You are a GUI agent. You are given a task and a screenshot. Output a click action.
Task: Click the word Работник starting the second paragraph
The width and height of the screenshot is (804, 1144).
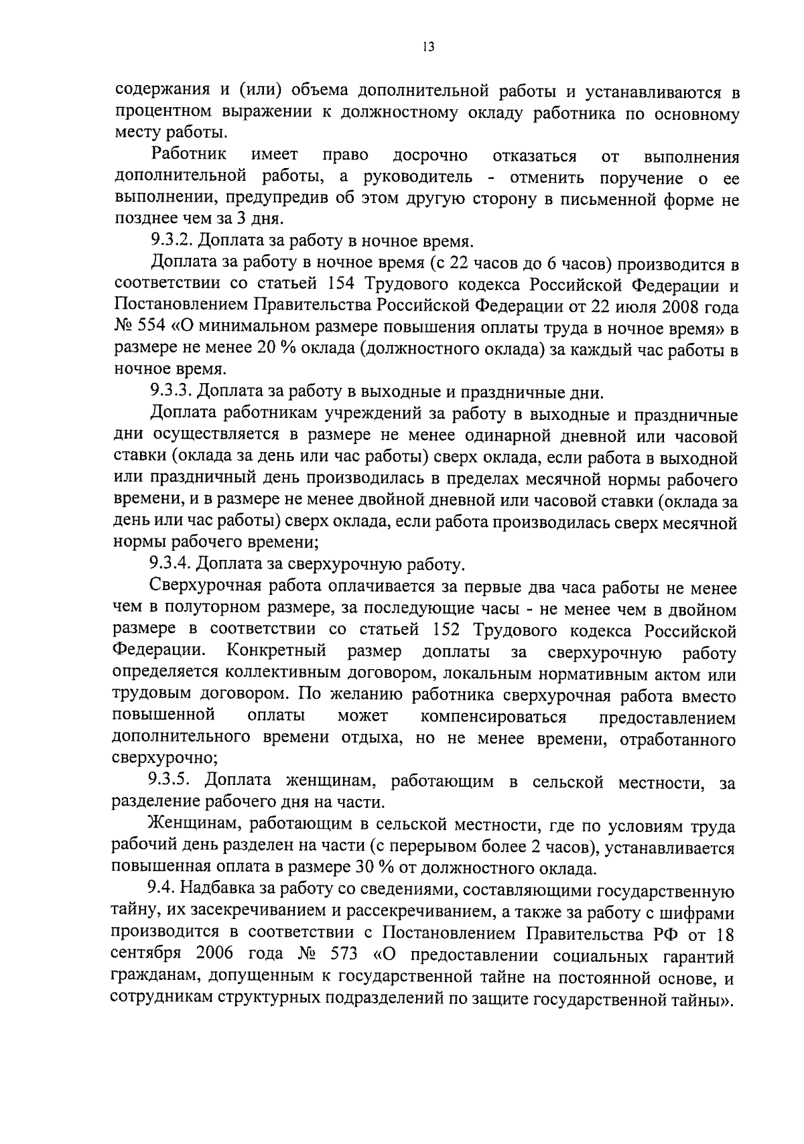(x=189, y=156)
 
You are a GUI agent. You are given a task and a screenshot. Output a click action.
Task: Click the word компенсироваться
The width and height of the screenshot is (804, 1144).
(x=493, y=718)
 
